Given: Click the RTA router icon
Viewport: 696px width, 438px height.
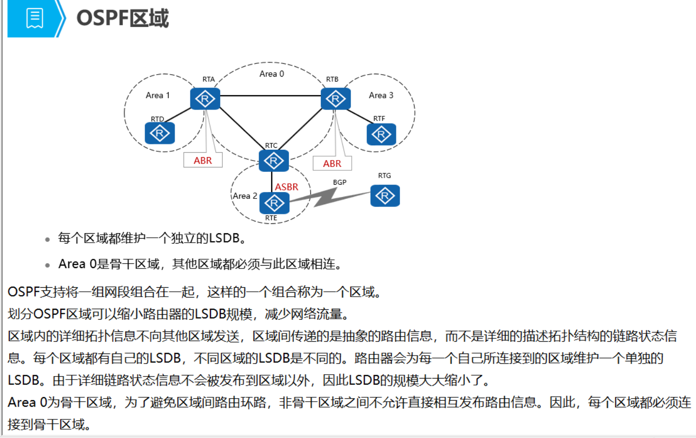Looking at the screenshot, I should [x=205, y=99].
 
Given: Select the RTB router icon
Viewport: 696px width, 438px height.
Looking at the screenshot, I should [x=335, y=99].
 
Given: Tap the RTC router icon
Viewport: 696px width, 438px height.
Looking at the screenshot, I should [x=274, y=161].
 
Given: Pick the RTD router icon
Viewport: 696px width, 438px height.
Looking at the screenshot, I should [x=159, y=133].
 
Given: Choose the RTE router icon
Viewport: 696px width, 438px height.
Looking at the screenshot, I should [x=274, y=203].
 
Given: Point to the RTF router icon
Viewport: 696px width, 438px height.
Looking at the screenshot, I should [x=381, y=134].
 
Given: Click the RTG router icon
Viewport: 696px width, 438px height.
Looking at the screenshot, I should [x=385, y=195].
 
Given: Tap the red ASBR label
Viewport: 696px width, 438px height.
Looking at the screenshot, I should [x=286, y=187].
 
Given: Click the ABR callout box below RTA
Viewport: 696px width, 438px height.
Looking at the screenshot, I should [x=203, y=161].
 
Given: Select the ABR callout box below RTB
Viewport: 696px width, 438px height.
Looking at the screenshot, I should [x=332, y=164].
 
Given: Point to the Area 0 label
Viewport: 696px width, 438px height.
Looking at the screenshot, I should [x=272, y=74].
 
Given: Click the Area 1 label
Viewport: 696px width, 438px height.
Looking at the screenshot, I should [x=157, y=95].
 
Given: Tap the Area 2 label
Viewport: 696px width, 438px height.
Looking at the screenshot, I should [x=245, y=196].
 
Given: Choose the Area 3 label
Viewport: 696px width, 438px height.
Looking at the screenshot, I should [x=381, y=95].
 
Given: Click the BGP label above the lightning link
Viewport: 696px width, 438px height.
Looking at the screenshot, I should [x=339, y=182].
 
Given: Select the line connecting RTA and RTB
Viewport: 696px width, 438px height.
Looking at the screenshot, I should [x=270, y=96].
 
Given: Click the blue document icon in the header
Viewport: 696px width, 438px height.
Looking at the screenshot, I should [x=34, y=18].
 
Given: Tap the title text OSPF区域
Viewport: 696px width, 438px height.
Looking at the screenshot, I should [x=123, y=19].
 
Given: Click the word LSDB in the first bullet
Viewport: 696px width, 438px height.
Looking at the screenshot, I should [x=224, y=238].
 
